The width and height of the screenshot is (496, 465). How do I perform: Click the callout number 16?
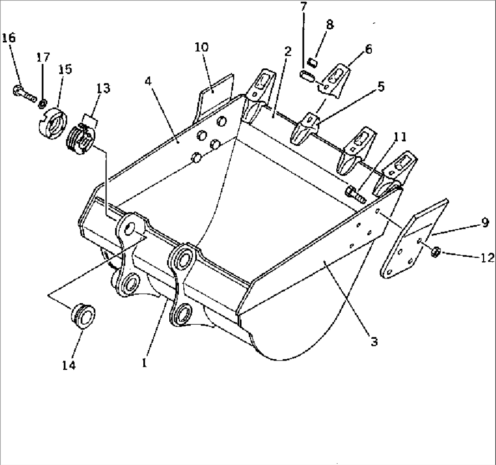[x=8, y=38]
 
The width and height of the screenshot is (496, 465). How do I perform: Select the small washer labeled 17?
[x=42, y=103]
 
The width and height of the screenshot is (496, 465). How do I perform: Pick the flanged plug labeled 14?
[x=83, y=314]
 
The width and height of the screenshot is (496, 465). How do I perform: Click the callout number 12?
[x=486, y=258]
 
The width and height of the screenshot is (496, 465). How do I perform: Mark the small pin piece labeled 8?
[x=313, y=62]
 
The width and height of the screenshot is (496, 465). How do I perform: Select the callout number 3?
[x=374, y=341]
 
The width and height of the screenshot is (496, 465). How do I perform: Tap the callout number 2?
[x=287, y=52]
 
